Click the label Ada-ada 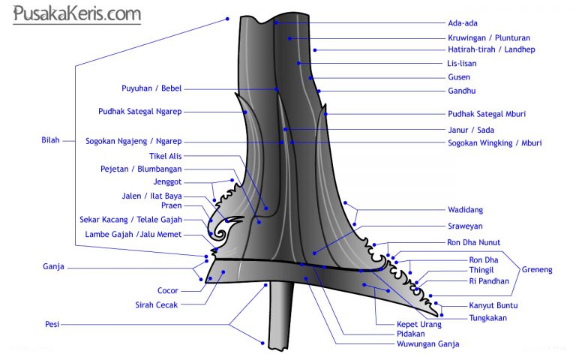(463, 22)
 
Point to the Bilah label (50, 139)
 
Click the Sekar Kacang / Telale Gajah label (130, 220)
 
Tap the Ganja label (53, 266)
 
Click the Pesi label (52, 325)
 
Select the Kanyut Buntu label (493, 305)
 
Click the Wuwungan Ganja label (428, 344)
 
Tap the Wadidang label (466, 210)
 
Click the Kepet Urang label (419, 325)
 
